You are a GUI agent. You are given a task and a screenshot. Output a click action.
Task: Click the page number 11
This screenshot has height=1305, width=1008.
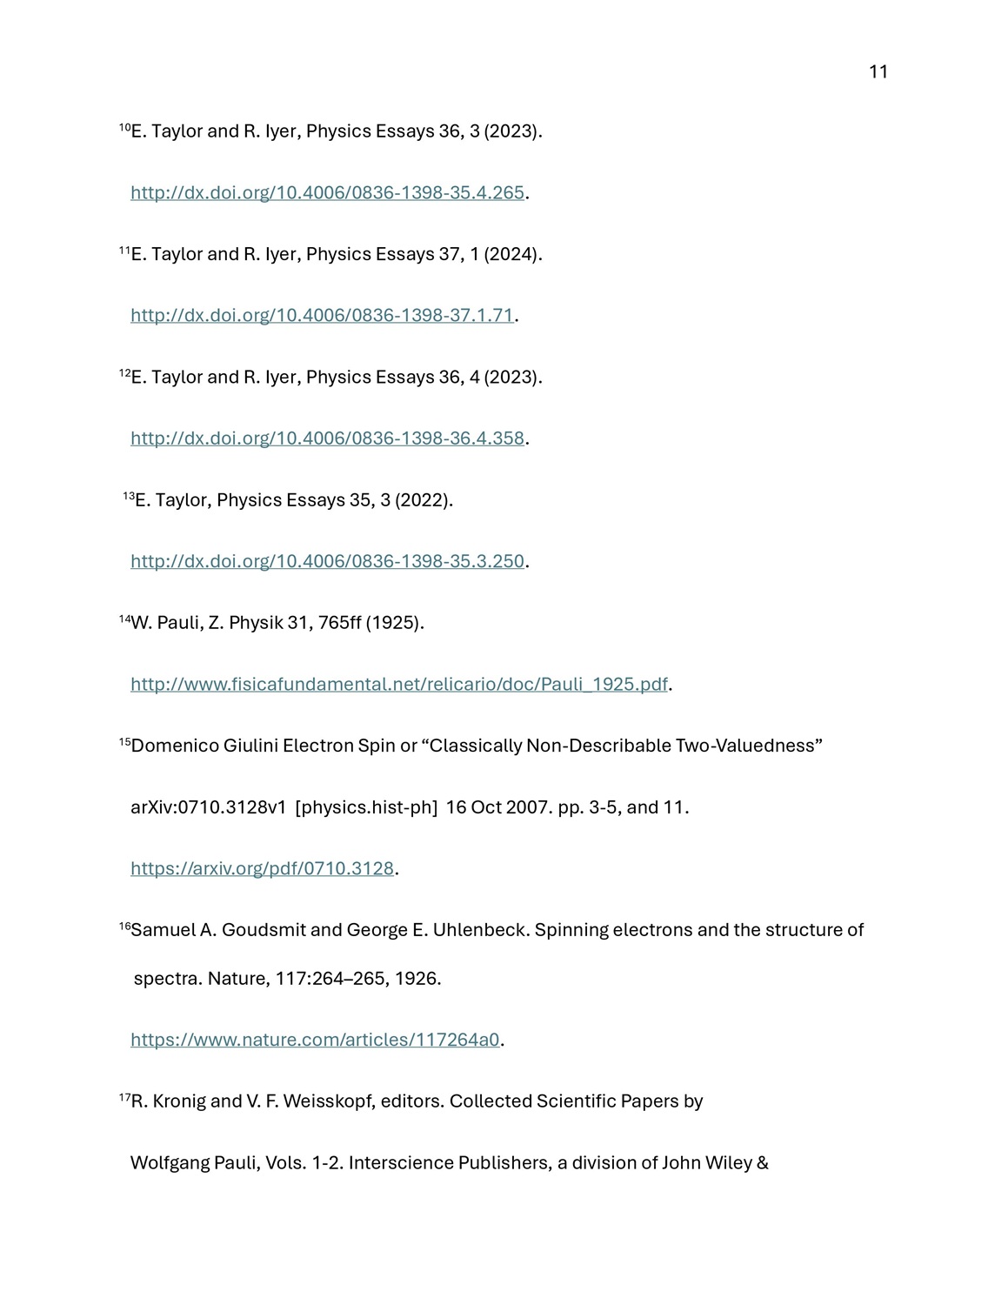[878, 72]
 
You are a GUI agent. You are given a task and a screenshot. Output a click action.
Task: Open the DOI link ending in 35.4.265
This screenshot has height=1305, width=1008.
[327, 192]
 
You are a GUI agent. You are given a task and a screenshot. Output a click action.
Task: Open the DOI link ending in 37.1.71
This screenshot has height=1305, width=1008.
[322, 315]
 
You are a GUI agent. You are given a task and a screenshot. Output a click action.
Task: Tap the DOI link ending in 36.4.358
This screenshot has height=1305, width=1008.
[327, 438]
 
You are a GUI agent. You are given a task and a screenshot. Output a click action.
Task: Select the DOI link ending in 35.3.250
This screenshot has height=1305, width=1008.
[327, 561]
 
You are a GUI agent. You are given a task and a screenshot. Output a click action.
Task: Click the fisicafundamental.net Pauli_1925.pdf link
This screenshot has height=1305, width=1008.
[398, 684]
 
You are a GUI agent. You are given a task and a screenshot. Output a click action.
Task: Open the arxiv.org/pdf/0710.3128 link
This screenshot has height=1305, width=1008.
[262, 868]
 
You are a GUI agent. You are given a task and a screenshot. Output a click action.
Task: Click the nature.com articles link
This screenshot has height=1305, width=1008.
[315, 1040]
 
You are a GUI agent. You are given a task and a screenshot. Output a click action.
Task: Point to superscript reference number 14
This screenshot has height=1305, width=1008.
[124, 619]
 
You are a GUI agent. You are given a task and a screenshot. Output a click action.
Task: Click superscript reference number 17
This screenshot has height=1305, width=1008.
[124, 1098]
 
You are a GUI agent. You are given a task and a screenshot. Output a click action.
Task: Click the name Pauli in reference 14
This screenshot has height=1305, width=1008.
[178, 623]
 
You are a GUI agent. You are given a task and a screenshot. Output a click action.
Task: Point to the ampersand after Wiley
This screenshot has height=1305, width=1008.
[763, 1163]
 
